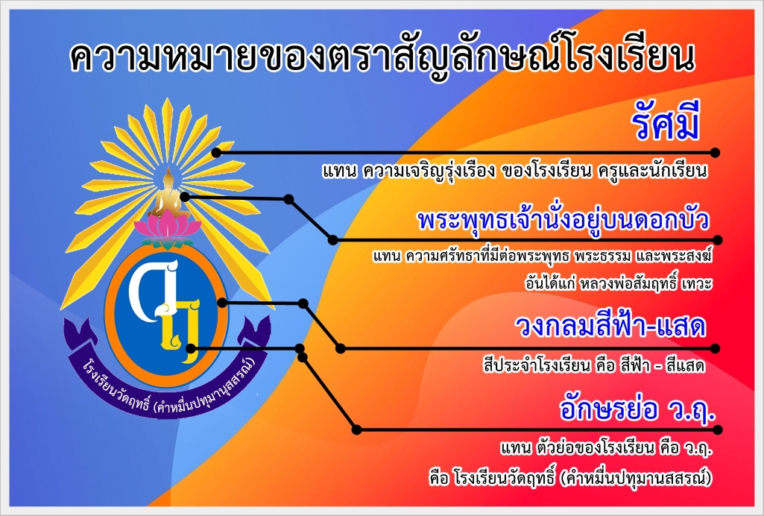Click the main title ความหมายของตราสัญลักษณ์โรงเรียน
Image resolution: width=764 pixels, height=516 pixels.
point(382,57)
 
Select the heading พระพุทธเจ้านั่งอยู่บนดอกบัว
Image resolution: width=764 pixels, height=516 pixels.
point(563,221)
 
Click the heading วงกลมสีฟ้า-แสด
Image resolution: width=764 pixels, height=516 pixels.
point(611,326)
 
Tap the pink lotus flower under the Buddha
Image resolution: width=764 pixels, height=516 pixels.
point(168,229)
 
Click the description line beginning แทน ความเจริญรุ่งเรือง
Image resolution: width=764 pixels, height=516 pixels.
point(514,172)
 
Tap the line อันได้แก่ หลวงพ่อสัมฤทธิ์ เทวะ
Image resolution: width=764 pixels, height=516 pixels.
point(619,283)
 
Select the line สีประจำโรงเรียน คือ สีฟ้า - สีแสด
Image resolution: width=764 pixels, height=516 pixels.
point(594,365)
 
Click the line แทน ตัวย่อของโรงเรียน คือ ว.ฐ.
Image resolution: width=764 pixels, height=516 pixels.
point(606,448)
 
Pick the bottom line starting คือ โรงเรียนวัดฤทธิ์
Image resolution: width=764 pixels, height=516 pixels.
point(570,477)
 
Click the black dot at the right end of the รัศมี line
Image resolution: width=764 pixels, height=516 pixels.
point(715,153)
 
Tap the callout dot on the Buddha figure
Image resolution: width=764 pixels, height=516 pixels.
point(185,197)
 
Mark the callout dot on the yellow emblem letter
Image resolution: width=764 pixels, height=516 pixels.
point(191,348)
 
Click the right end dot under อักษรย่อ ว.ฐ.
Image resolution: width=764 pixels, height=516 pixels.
point(717,430)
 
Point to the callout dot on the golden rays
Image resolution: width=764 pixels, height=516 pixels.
point(216,153)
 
